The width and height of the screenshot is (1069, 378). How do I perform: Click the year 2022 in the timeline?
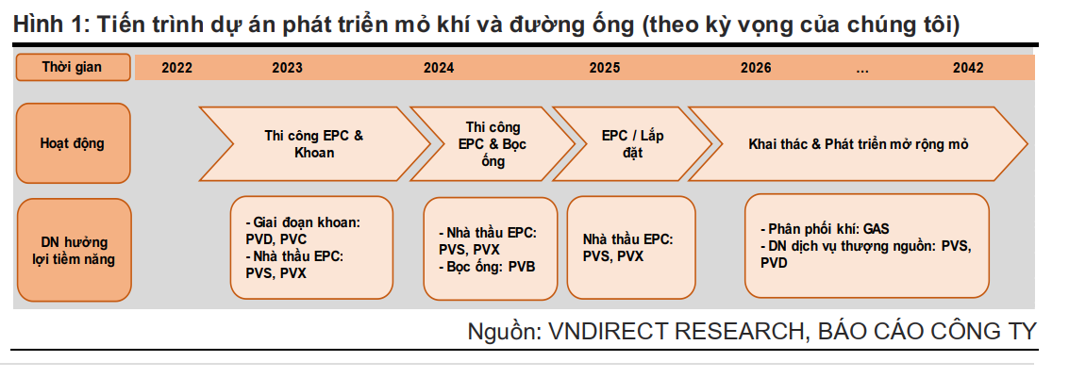pyautogui.click(x=176, y=68)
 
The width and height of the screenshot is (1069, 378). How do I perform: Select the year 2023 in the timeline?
pyautogui.click(x=287, y=68)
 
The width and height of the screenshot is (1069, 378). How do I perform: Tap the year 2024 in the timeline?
pyautogui.click(x=439, y=68)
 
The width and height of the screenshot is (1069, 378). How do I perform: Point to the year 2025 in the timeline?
pyautogui.click(x=605, y=68)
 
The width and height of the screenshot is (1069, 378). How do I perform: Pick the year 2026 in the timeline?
pyautogui.click(x=756, y=68)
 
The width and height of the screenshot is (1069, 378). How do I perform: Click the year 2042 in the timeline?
pyautogui.click(x=968, y=68)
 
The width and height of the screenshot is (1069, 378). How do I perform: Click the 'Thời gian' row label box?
pyautogui.click(x=73, y=68)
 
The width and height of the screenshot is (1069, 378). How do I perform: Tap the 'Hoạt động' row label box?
pyautogui.click(x=73, y=143)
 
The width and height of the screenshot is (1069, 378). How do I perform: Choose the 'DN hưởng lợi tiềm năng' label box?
pyautogui.click(x=73, y=250)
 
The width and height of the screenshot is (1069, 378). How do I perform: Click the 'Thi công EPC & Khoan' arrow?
pyautogui.click(x=314, y=143)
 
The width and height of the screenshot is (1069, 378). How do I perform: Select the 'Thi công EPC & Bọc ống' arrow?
pyautogui.click(x=493, y=143)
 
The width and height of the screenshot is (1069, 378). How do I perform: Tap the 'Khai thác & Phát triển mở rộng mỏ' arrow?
pyautogui.click(x=858, y=143)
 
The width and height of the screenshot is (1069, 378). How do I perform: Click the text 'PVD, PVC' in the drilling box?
pyautogui.click(x=276, y=239)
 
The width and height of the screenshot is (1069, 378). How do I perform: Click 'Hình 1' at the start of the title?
pyautogui.click(x=44, y=25)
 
